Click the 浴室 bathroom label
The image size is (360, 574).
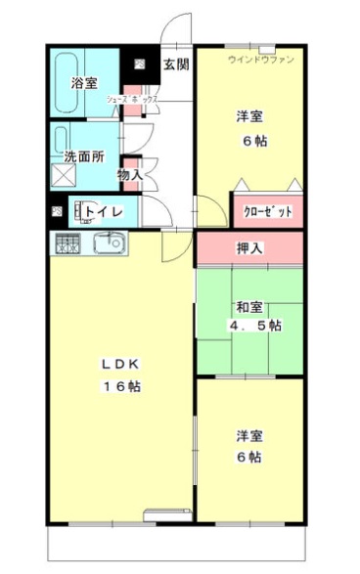(84, 83)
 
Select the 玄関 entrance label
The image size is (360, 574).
(176, 65)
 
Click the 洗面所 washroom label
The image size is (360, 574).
(84, 156)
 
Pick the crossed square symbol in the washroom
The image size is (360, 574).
(63, 175)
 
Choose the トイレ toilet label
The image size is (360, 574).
(103, 209)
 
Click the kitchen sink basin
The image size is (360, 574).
(107, 242)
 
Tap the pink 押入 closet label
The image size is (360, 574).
(250, 248)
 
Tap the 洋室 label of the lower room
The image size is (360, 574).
(247, 435)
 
